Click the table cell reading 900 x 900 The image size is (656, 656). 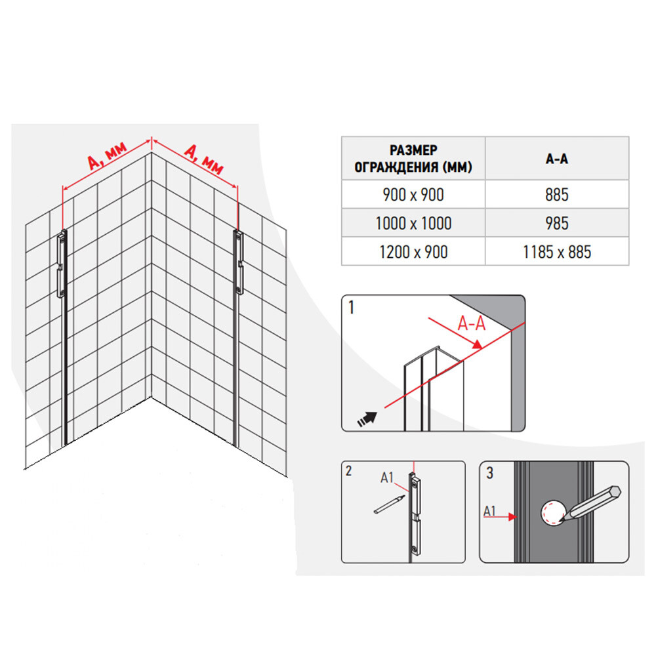coord(413,195)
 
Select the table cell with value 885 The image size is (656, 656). coord(557,195)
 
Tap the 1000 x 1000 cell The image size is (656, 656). coord(413,223)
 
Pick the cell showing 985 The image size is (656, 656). coord(557,223)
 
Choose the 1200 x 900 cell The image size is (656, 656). coord(413,251)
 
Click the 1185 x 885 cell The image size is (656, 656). coord(557,251)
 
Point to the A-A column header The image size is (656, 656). coord(557,159)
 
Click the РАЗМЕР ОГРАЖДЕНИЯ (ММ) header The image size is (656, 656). coord(413,159)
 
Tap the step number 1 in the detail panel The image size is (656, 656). coord(352,308)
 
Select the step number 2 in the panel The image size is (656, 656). coord(349,471)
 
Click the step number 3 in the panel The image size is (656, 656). coord(490,473)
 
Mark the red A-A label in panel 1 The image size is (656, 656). coord(472,323)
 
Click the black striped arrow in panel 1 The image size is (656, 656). coord(367,419)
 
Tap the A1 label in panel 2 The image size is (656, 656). coord(387,478)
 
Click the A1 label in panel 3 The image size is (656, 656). coord(489,511)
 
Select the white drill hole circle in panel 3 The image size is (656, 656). coord(552,512)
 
